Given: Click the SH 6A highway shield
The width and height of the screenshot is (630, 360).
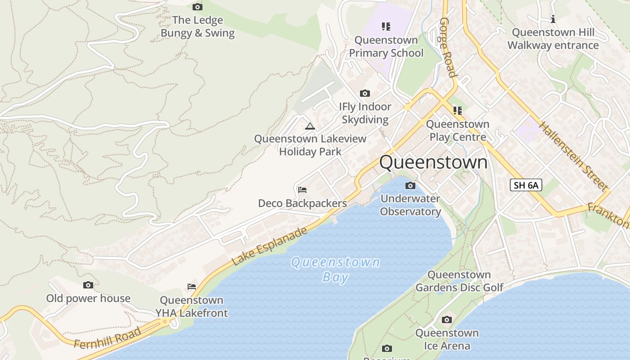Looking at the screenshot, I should tap(526, 185).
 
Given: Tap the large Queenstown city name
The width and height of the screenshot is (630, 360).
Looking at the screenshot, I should tap(433, 162).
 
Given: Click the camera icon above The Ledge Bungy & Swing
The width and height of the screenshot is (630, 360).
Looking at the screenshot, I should tap(197, 7).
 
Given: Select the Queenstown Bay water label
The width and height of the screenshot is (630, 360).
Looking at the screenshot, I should tap(335, 269).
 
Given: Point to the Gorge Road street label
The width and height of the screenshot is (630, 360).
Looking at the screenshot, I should tap(448, 47).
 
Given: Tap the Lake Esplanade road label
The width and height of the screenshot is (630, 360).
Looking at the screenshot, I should tap(270, 246).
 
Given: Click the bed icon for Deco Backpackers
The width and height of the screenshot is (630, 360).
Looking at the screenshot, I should tap(302, 190).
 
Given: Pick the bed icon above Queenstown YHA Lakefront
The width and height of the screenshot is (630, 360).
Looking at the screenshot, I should tap(192, 287).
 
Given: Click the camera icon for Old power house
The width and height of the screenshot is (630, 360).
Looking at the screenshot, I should tap(88, 285).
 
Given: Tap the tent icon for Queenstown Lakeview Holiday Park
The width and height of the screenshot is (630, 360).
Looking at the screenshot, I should tap(310, 126).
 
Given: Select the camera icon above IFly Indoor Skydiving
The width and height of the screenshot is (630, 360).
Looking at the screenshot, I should tap(365, 93).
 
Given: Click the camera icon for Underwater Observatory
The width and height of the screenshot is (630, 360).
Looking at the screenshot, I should tap(410, 185).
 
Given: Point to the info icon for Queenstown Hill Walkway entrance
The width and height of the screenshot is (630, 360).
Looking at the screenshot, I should tap(553, 19).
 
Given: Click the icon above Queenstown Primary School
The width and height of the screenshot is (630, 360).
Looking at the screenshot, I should tap(386, 27).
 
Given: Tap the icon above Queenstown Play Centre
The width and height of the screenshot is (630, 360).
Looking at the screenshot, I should tap(458, 110).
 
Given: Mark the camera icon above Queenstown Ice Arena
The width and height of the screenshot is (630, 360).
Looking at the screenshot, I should tap(446, 319).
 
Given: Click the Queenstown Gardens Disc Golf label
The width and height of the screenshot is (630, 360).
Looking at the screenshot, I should tap(459, 281).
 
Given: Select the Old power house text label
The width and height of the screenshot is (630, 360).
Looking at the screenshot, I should tap(88, 298).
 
